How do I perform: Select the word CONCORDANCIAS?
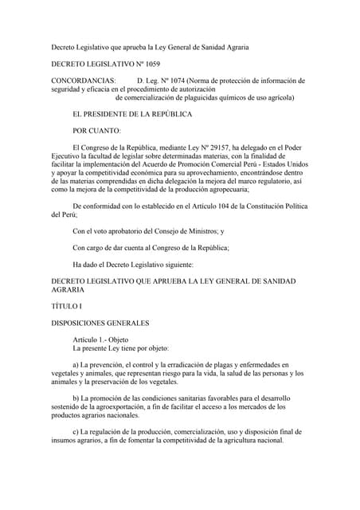click(x=83, y=80)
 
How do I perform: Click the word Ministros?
click(x=198, y=231)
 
